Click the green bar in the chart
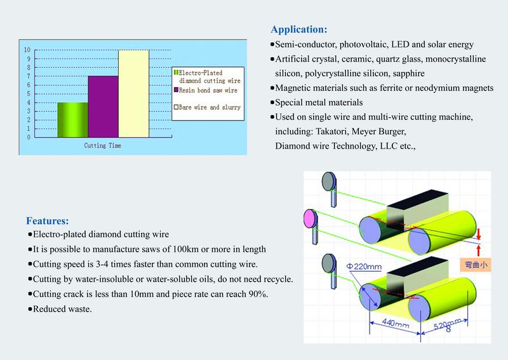pyautogui.click(x=73, y=119)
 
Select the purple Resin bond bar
pyautogui.click(x=103, y=106)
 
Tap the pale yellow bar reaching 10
pyautogui.click(x=133, y=93)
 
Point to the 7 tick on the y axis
pyautogui.click(x=27, y=76)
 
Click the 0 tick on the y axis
pyautogui.click(x=27, y=137)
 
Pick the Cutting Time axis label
pyautogui.click(x=103, y=146)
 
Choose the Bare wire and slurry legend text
pyautogui.click(x=210, y=107)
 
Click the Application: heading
pyautogui.click(x=299, y=29)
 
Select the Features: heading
pyautogui.click(x=47, y=221)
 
